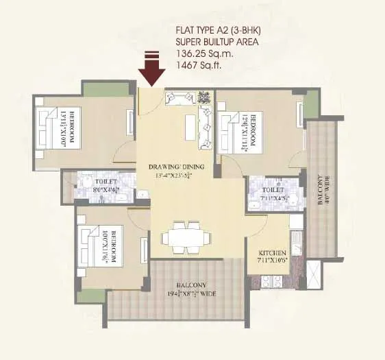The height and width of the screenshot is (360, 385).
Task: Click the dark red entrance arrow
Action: click(151, 69)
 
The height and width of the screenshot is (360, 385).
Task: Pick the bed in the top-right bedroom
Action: click(233, 130)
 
